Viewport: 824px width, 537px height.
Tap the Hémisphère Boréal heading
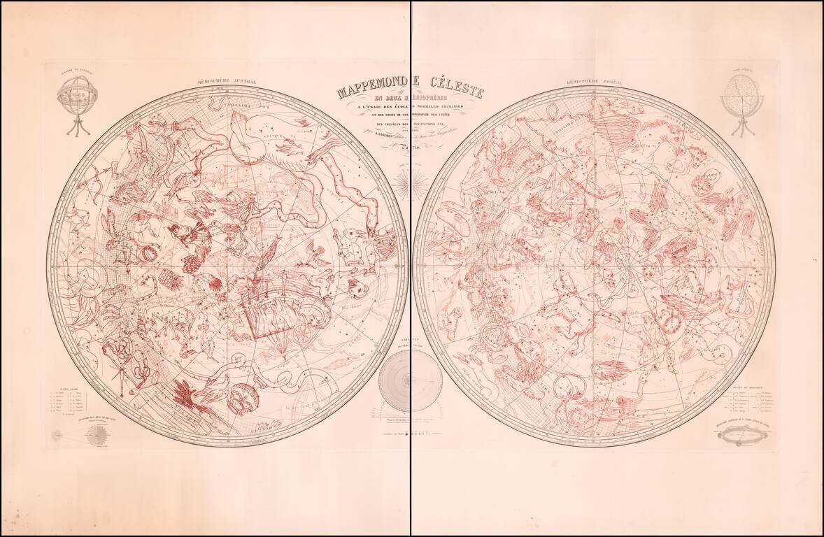click(x=595, y=81)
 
